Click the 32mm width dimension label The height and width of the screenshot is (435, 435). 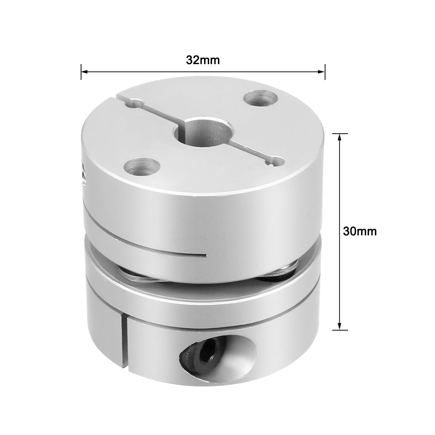click(202, 60)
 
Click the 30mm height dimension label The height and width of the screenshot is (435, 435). click(360, 231)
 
